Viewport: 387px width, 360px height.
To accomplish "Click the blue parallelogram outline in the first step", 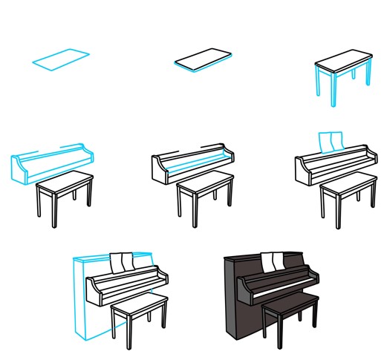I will click(x=61, y=59).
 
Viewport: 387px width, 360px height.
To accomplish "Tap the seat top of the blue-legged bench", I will click(x=342, y=60).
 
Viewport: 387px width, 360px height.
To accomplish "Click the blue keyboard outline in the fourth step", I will click(x=52, y=163).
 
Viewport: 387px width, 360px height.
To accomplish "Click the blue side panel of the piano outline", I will click(x=80, y=297).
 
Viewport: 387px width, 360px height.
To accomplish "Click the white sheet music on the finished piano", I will click(x=272, y=261).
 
